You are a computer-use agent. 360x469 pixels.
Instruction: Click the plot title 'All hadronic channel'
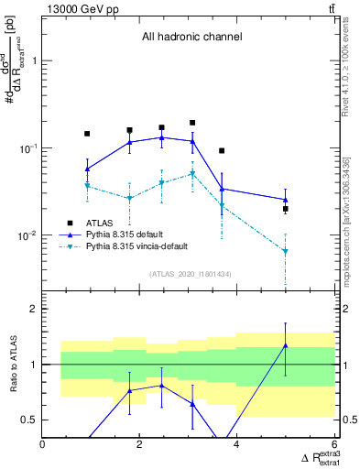point(191,38)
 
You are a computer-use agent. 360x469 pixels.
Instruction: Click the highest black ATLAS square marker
point(192,122)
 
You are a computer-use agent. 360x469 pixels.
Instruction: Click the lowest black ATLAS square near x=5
point(286,209)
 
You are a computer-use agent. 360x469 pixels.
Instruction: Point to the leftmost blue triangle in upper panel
point(87,169)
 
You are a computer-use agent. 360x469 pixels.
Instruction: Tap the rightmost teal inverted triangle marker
point(286,251)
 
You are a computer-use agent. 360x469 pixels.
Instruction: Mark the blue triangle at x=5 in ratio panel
point(286,345)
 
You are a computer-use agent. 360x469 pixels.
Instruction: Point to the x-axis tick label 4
point(237,444)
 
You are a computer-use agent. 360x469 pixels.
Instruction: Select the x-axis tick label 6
point(334,444)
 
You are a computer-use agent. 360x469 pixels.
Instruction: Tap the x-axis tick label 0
point(43,444)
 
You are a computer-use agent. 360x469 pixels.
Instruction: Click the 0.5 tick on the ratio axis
point(29,420)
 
